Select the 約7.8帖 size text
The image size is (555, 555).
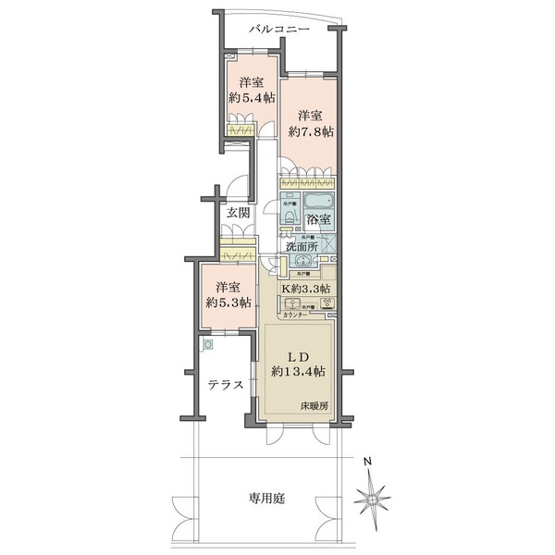click(x=310, y=131)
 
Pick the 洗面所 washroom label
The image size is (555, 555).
click(x=301, y=246)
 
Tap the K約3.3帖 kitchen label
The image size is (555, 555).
click(x=306, y=289)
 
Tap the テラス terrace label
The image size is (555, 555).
click(x=225, y=386)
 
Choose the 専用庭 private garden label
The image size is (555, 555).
click(x=266, y=499)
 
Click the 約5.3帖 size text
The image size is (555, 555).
click(x=223, y=302)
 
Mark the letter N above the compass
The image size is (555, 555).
click(x=367, y=462)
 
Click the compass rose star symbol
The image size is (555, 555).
click(x=374, y=497)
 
